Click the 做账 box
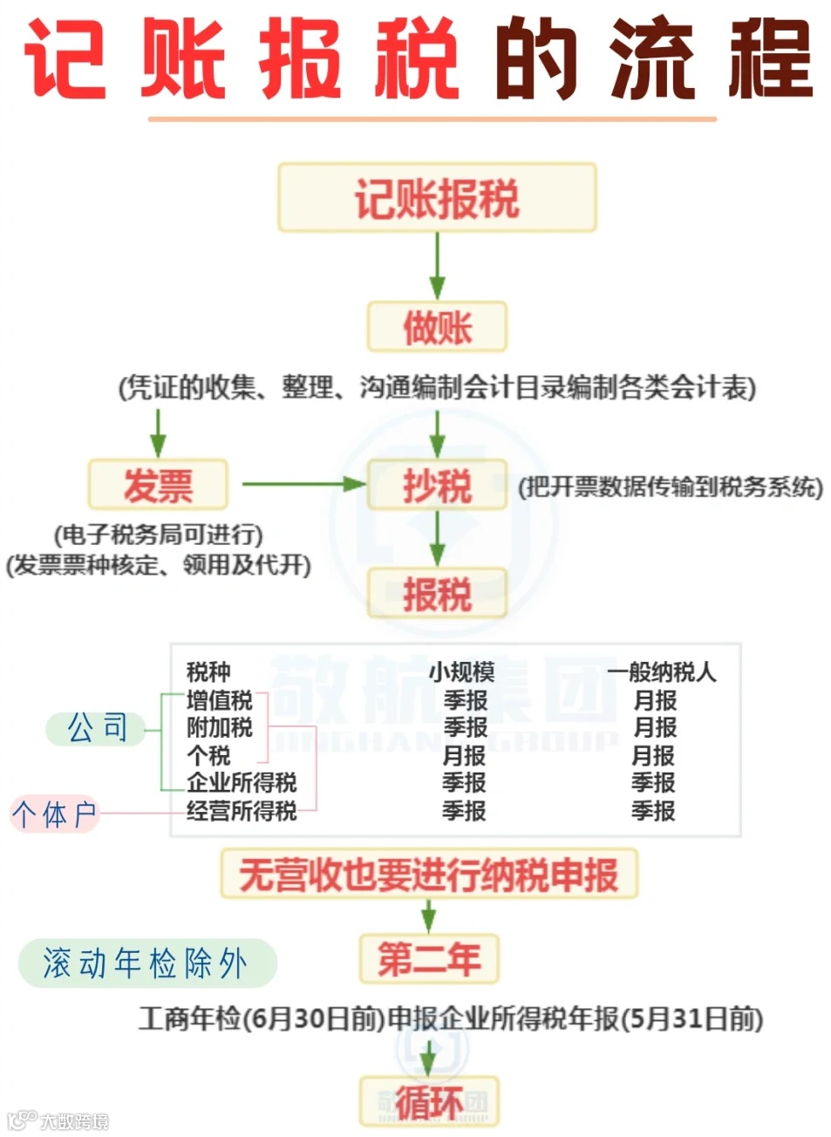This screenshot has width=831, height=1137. coord(437,327)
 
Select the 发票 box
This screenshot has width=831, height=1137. coord(158,485)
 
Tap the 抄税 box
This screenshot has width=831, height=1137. coord(437,485)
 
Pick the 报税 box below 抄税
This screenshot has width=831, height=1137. coord(437,595)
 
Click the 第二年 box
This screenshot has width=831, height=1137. coord(429,959)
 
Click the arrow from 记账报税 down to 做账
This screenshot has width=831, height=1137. coord(437,266)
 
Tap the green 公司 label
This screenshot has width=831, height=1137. coord(97,727)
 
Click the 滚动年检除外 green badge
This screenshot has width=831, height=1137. coord(146,963)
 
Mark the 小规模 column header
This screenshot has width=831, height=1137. coord(461,671)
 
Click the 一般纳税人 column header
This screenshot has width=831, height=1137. coord(662,671)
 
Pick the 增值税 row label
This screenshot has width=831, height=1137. coord(219,699)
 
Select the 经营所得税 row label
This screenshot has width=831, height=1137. coord(242,811)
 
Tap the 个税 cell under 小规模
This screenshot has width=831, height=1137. coord(464,755)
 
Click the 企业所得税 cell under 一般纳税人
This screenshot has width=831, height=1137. coord(653,783)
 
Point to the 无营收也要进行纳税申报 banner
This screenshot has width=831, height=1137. coord(428,875)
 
